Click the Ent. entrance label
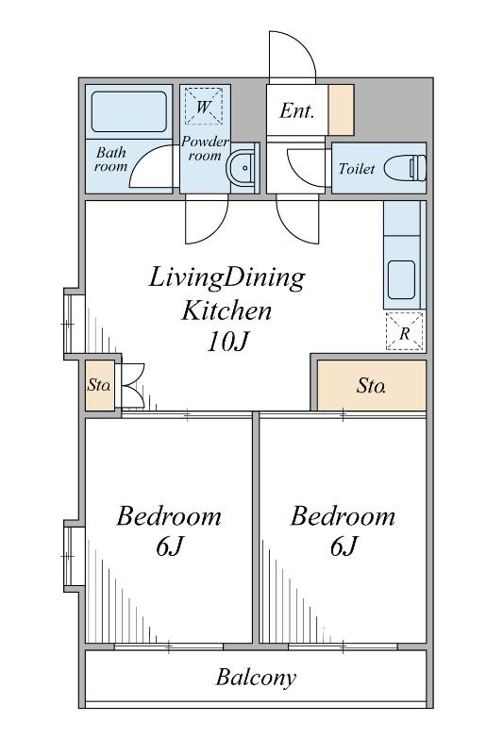click(x=296, y=111)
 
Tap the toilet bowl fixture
click(x=405, y=168)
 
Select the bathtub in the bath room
click(x=129, y=111)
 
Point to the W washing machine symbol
click(x=203, y=106)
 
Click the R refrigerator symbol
click(x=405, y=331)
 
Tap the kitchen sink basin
click(x=401, y=279)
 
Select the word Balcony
click(x=256, y=678)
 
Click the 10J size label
click(x=227, y=342)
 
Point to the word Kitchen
click(x=226, y=310)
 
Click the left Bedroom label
click(x=169, y=516)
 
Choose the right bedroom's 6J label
click(x=344, y=546)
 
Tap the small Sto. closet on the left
click(x=100, y=385)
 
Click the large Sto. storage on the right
click(x=371, y=385)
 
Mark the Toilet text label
click(x=356, y=169)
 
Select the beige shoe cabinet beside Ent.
click(x=342, y=109)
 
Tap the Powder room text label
click(x=205, y=149)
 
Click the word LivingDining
click(x=226, y=278)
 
